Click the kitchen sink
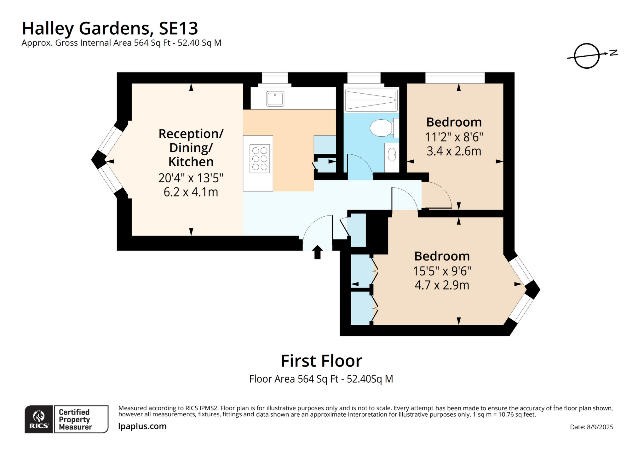point(275,99)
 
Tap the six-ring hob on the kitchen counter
point(260,158)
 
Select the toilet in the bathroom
point(382,128)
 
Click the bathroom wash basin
point(392,155)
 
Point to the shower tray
point(371,100)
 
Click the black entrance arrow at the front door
point(317,252)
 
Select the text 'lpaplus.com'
point(142,426)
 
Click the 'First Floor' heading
point(321,361)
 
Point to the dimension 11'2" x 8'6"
point(454,137)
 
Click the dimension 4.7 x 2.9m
point(442,285)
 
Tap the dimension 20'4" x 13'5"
point(191,178)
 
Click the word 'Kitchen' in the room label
point(191,162)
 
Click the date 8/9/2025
point(600,427)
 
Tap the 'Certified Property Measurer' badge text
point(75,419)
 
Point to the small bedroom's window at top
point(455,78)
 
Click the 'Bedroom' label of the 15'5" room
point(442,256)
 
